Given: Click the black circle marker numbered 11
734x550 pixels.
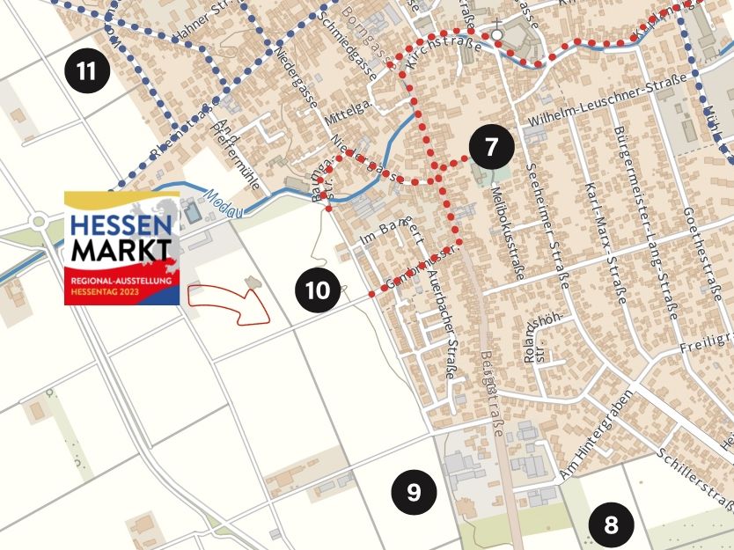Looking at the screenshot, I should (x=87, y=70).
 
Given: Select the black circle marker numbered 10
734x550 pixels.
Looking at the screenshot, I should (x=319, y=290).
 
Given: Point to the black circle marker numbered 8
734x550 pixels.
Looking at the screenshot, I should (x=611, y=525).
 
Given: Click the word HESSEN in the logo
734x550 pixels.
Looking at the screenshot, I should (x=121, y=224).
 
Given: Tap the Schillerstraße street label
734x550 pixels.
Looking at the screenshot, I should (x=695, y=479).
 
